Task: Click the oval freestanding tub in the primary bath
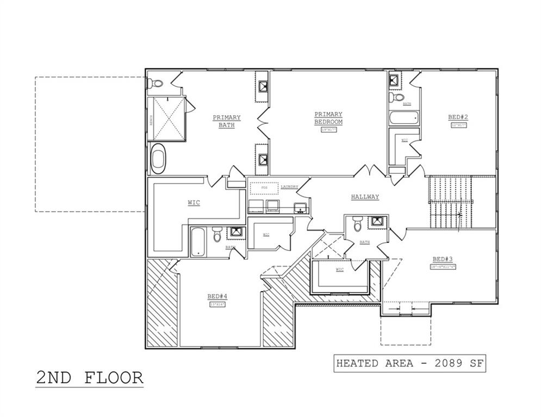coord(158,159)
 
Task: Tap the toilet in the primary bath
coord(156,84)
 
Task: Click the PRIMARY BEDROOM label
coord(328,118)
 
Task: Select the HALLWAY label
coord(365,197)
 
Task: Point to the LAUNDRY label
coord(289,187)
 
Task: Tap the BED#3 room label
coord(443,259)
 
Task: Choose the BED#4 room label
coord(217,296)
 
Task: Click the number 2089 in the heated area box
coord(441,363)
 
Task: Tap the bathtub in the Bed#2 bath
coord(403,118)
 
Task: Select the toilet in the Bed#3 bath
coord(357,224)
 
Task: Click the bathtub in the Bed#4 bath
coord(198,241)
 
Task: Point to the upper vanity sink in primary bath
coord(263,87)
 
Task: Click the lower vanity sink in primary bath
coord(263,160)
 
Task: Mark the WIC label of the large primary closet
coord(194,203)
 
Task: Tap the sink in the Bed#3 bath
coord(377,222)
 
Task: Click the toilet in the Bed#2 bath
coord(397,98)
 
